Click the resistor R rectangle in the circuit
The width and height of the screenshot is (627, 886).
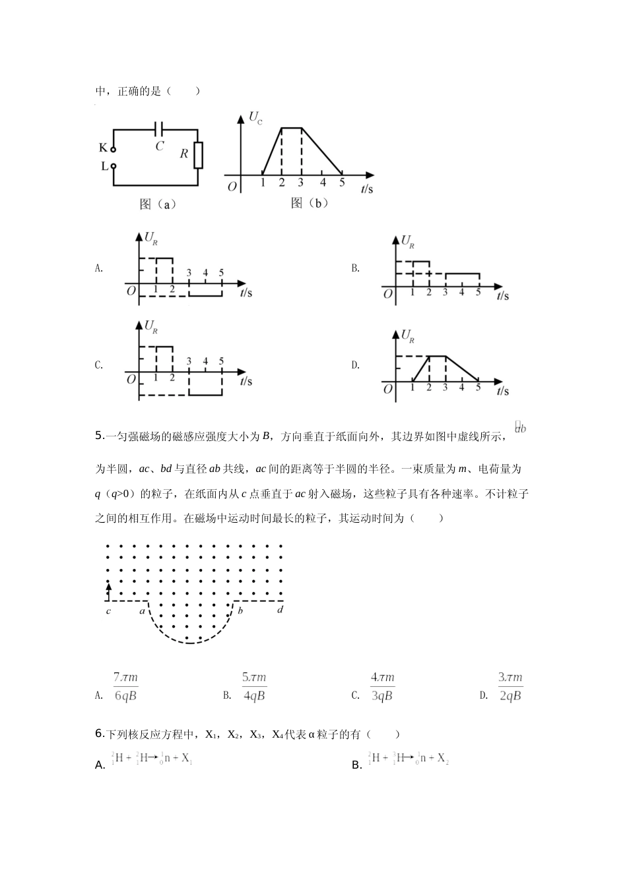[x=198, y=155]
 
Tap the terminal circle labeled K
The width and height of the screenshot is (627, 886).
[x=113, y=150]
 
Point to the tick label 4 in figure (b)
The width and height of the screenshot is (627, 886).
[x=322, y=183]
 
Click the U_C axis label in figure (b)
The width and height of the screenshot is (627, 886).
[x=255, y=119]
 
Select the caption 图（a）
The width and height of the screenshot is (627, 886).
[x=158, y=204]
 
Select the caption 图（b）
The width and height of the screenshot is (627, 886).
[x=310, y=203]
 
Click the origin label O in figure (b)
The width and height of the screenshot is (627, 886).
[x=232, y=187]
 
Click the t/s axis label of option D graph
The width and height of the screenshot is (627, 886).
[x=502, y=391]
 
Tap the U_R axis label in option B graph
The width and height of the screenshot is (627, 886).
[x=408, y=241]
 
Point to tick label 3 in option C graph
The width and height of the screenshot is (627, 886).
[x=189, y=361]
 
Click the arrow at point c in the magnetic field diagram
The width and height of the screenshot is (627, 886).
[x=108, y=587]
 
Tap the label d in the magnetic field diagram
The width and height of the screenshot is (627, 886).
[x=280, y=610]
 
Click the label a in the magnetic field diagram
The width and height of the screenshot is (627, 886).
[x=141, y=610]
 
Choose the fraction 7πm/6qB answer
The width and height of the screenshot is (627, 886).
[x=125, y=686]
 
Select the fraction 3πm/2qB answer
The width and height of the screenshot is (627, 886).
[x=510, y=686]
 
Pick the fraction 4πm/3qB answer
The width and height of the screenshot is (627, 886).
[x=382, y=686]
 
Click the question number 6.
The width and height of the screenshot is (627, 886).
[x=99, y=733]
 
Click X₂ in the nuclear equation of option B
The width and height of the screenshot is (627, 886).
[x=443, y=759]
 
